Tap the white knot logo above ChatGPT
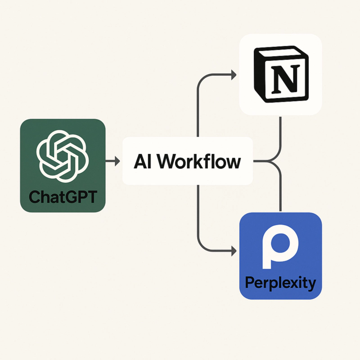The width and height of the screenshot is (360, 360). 63,153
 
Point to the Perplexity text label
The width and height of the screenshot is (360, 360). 280,283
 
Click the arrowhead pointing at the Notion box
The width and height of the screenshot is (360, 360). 233,75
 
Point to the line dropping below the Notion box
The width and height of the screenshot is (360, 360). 281,135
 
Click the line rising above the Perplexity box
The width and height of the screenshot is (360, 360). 281,193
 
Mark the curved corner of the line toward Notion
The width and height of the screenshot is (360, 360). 201,78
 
